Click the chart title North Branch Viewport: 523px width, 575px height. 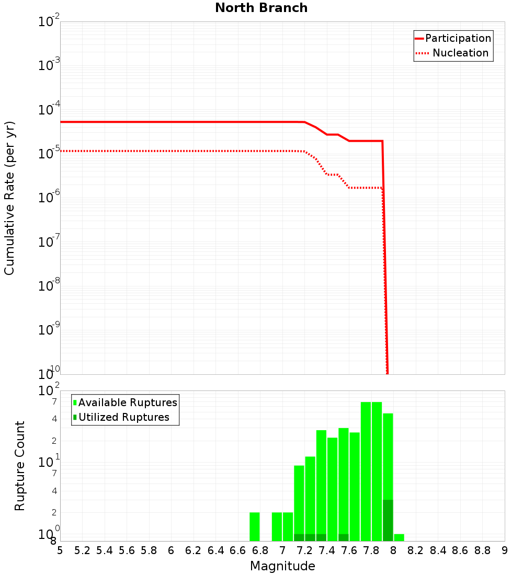pyautogui.click(x=261, y=8)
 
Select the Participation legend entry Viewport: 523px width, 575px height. pyautogui.click(x=453, y=38)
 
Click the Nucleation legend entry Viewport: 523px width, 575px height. pyautogui.click(x=453, y=53)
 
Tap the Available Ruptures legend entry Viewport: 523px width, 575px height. pyautogui.click(x=126, y=402)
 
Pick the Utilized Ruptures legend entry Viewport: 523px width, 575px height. pyautogui.click(x=121, y=417)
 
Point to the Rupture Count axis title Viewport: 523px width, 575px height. pyautogui.click(x=20, y=465)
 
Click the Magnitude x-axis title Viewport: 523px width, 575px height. pyautogui.click(x=282, y=566)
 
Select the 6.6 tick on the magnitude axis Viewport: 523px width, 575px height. pyautogui.click(x=237, y=550)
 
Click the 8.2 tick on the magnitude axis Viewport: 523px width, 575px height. pyautogui.click(x=415, y=550)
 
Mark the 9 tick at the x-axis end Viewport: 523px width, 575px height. pyautogui.click(x=504, y=550)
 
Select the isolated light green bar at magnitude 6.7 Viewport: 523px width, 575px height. pyautogui.click(x=255, y=526)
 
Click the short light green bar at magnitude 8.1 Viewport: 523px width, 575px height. pyautogui.click(x=399, y=537)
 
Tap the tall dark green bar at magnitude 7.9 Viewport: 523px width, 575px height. pyautogui.click(x=388, y=520)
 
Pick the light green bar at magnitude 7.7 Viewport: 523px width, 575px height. pyautogui.click(x=366, y=470)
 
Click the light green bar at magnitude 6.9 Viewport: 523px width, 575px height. pyautogui.click(x=277, y=526)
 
